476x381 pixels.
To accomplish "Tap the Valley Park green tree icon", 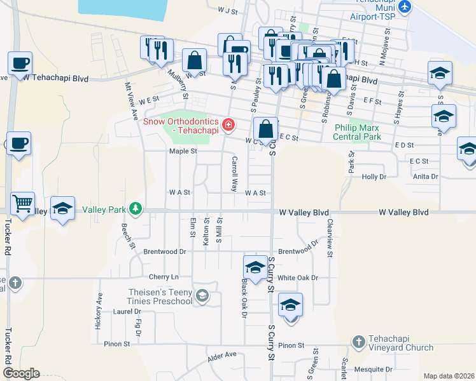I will [x=135, y=208].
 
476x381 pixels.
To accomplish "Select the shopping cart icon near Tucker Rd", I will [x=23, y=204].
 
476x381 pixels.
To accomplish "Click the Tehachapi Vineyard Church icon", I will [x=359, y=342].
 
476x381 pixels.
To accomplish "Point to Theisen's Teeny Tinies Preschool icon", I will [x=202, y=295].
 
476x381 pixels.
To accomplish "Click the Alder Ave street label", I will [x=222, y=358].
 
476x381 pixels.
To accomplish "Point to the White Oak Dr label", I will [x=297, y=277].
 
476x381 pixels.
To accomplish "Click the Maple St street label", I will [x=183, y=151].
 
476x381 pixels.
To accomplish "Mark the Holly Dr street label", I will [x=374, y=177].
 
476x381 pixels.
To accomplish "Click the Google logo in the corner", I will [x=22, y=373].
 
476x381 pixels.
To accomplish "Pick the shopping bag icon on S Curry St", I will [x=265, y=130].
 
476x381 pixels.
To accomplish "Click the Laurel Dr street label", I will [x=127, y=312].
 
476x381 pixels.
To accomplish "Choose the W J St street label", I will [x=227, y=11].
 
